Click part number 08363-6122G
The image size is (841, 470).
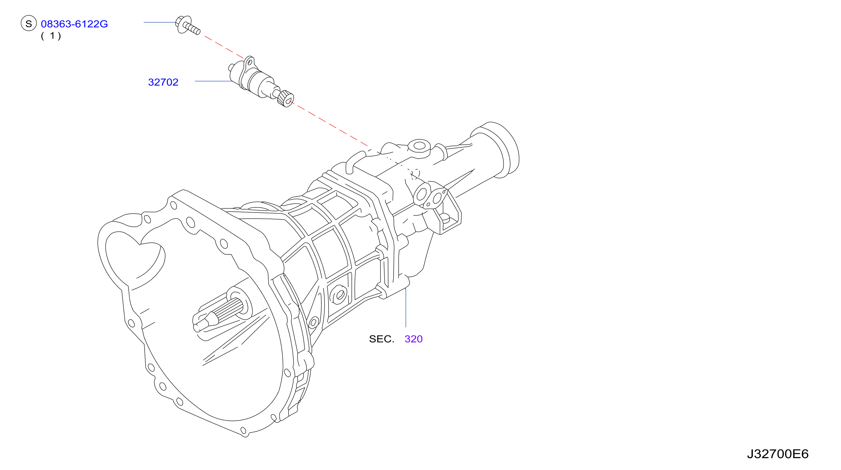[x=74, y=24]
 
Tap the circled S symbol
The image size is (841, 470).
[x=29, y=23]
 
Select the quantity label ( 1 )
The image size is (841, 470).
[x=51, y=35]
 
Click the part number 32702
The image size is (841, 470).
[x=163, y=82]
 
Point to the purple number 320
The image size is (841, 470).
[x=413, y=339]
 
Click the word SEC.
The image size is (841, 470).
[x=381, y=339]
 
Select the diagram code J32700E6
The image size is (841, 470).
[x=778, y=454]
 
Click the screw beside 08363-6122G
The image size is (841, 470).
[x=188, y=25]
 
